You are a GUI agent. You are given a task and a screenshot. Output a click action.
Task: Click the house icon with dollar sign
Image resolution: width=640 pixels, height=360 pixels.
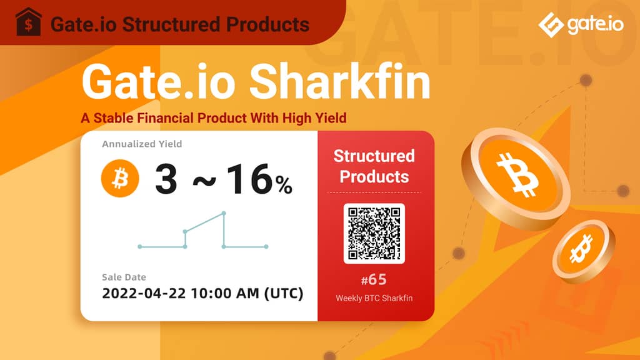[x=28, y=22]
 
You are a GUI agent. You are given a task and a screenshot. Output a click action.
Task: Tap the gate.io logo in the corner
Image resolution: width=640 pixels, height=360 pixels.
[x=581, y=24]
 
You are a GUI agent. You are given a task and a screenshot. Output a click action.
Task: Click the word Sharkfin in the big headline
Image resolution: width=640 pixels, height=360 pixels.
[x=339, y=82]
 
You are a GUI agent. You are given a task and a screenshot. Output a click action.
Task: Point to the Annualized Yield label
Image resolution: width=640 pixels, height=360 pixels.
[x=142, y=144]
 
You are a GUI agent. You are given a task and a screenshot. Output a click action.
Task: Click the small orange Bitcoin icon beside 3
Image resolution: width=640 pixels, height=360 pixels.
[x=120, y=178]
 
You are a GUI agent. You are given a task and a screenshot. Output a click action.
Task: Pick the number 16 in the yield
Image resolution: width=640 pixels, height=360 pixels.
[x=249, y=179]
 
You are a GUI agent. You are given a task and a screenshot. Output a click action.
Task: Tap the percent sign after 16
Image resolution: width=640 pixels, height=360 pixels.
[x=284, y=185]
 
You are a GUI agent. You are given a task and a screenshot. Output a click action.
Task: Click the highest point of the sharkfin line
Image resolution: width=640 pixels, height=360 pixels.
[x=224, y=213]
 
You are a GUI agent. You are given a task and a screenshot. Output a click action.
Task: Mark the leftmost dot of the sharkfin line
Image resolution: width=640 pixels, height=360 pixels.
[x=140, y=246]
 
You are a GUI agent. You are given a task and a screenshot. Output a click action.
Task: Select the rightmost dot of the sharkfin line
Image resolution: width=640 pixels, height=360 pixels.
[x=266, y=246]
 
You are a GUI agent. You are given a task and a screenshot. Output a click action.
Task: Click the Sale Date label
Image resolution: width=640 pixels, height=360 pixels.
[x=124, y=277]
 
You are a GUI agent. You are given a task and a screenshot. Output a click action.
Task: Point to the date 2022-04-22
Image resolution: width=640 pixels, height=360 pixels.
[x=144, y=293]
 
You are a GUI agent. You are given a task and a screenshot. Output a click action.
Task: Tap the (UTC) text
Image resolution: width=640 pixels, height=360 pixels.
[x=284, y=293]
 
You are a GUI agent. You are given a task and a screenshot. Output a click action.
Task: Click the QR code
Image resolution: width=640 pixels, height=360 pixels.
[x=374, y=234]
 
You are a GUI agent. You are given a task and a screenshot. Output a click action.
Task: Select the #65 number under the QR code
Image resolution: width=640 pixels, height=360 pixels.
[x=374, y=279]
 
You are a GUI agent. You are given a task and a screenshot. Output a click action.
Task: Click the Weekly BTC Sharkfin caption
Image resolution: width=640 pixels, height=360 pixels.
[x=374, y=298]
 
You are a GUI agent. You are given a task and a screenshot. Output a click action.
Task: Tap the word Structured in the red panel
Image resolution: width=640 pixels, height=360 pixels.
[x=374, y=156]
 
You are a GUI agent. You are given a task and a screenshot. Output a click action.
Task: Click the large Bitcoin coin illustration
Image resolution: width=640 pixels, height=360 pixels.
[x=516, y=178]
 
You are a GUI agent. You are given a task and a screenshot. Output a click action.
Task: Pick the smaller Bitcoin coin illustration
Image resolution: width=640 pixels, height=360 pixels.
[x=584, y=251]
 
